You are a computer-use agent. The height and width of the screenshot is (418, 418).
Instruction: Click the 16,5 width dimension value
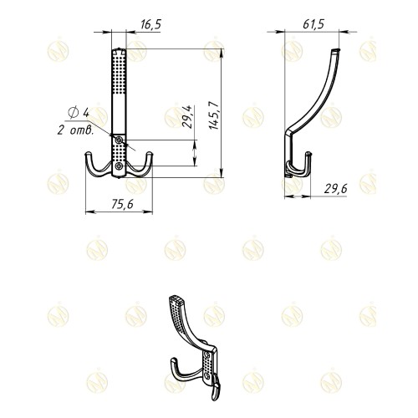point(151,24)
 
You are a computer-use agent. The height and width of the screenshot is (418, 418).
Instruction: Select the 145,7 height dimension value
point(215,115)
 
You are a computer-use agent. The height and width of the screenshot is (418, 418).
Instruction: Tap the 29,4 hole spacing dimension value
point(187,116)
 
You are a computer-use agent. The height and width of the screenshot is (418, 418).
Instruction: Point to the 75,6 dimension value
point(123,205)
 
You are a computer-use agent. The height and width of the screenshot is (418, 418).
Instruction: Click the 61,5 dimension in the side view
point(313,24)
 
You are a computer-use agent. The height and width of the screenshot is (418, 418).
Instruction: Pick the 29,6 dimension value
point(336,189)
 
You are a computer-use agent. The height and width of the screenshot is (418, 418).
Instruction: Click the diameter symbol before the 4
point(74,113)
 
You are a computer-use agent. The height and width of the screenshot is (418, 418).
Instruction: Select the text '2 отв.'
point(75,130)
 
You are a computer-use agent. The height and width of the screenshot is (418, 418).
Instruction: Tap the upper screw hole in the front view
point(120,140)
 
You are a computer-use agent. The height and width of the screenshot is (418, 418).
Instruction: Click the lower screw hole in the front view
point(120,166)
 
